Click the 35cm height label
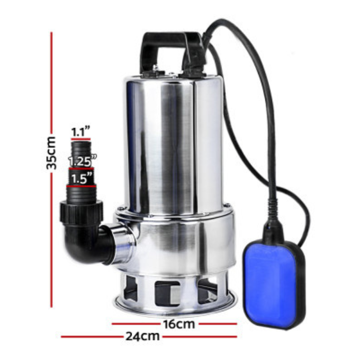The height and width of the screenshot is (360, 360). [51, 153]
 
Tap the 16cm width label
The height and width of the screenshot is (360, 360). [179, 324]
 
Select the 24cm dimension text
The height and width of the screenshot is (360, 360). [142, 336]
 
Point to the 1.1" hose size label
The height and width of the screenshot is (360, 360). [80, 132]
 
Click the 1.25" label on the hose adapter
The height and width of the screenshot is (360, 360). [82, 161]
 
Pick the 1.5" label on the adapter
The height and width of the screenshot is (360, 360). [82, 178]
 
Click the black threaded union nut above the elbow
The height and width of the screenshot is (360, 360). [81, 212]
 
